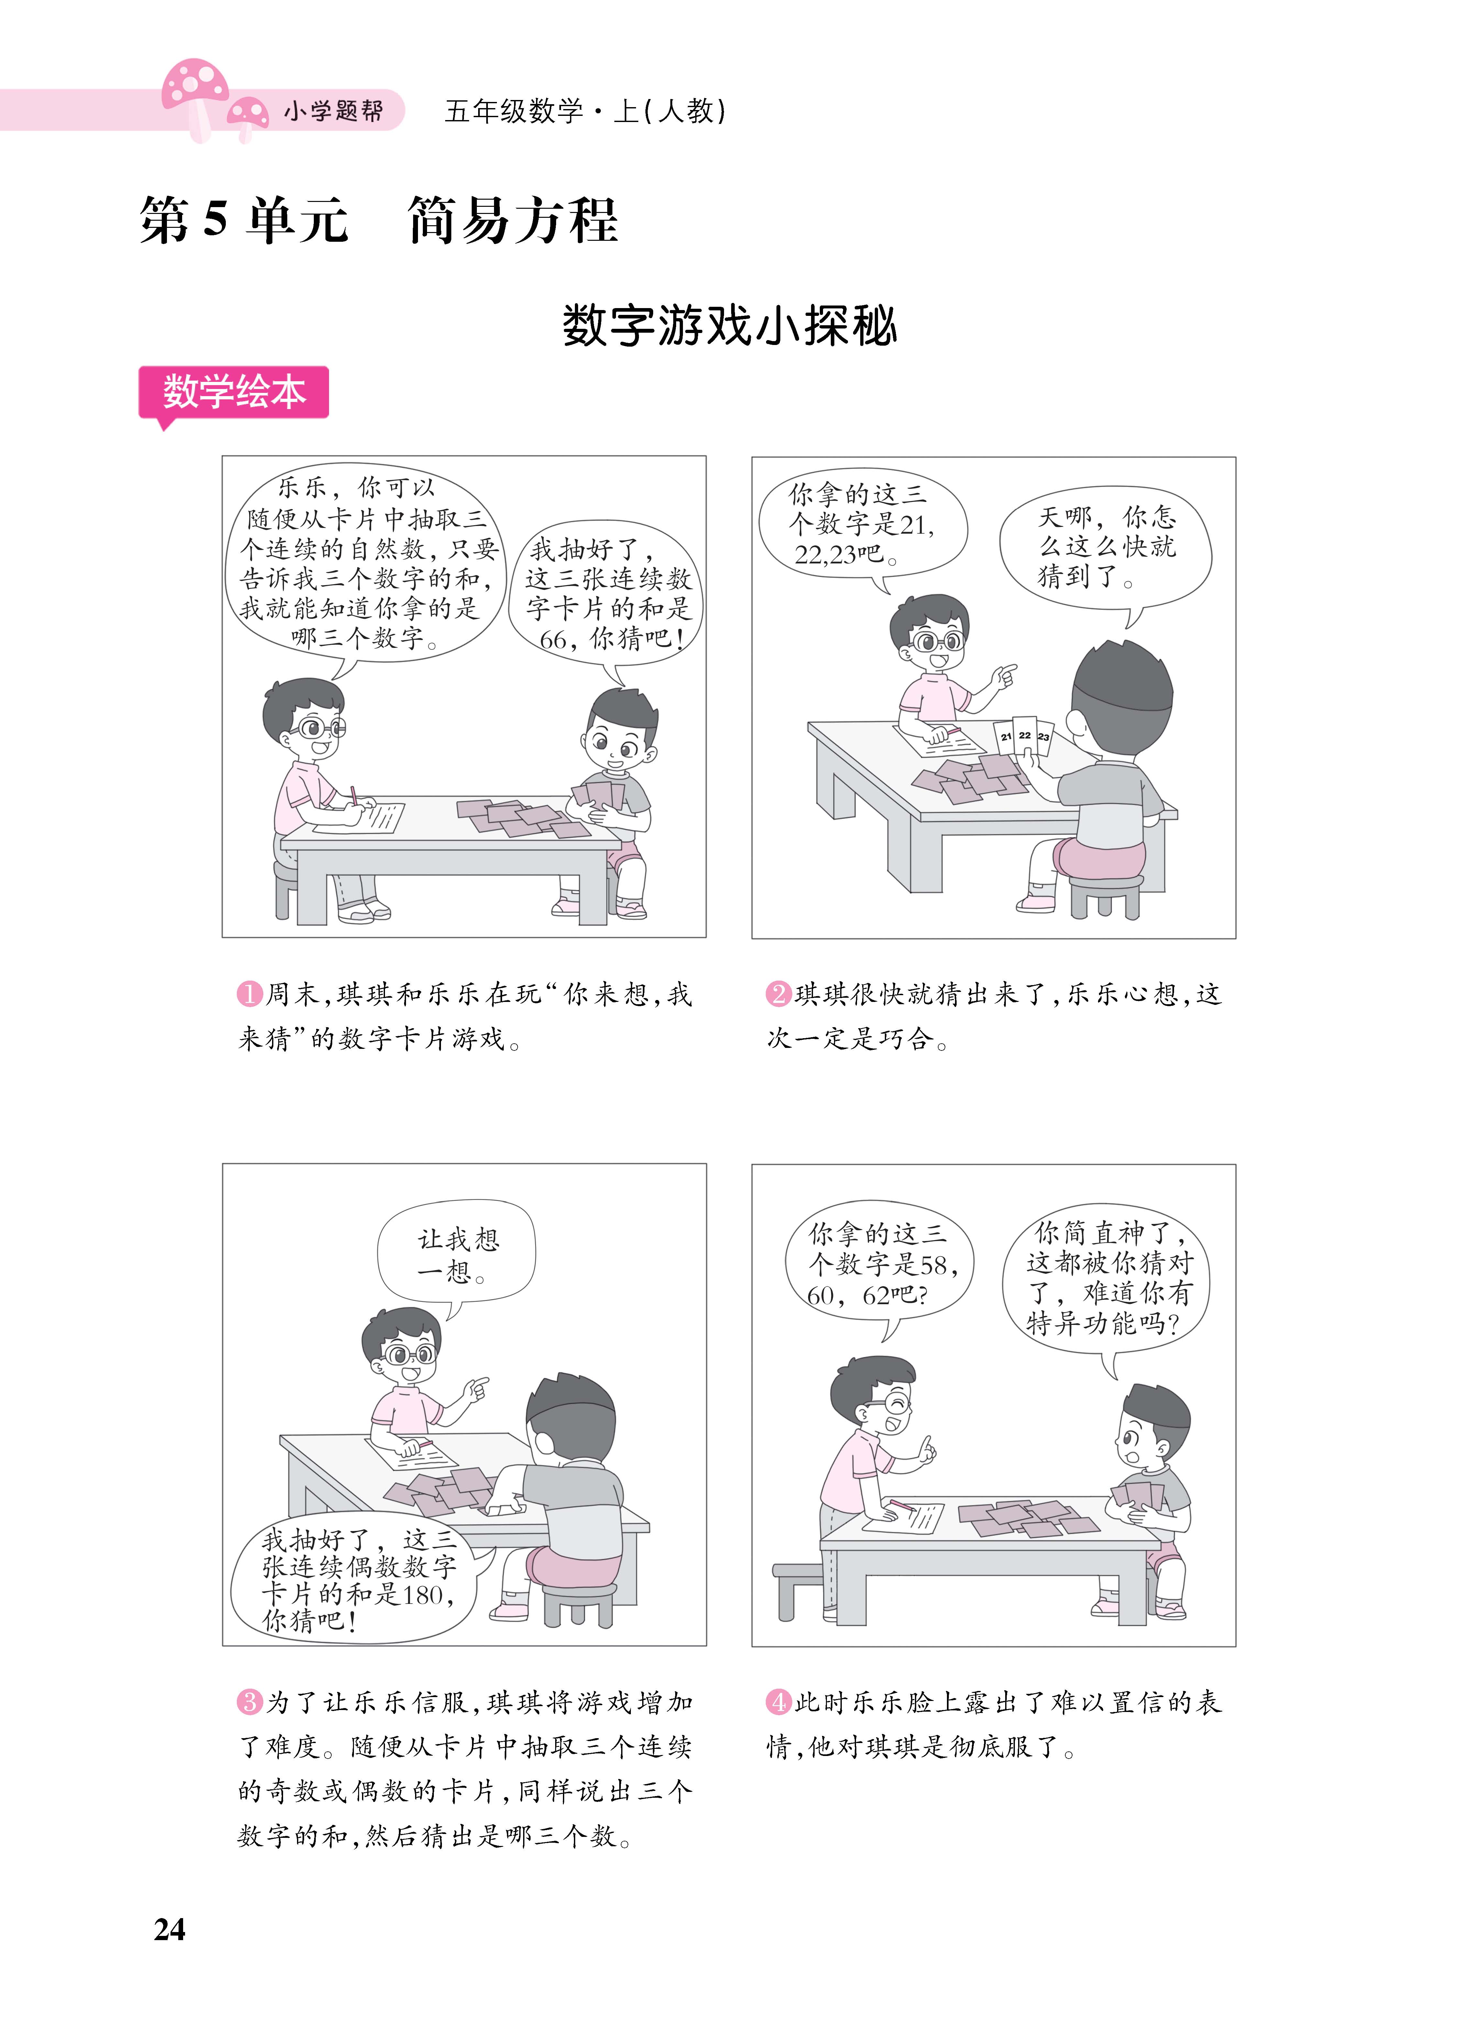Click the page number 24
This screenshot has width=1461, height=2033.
pyautogui.click(x=170, y=1929)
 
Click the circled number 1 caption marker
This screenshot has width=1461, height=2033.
pyautogui.click(x=248, y=994)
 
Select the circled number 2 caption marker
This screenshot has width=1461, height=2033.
pyautogui.click(x=777, y=994)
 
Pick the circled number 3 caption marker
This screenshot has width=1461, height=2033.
pyautogui.click(x=248, y=1701)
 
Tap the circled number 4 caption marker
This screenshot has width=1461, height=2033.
pyautogui.click(x=777, y=1701)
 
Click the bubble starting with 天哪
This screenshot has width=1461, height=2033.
pyautogui.click(x=1105, y=547)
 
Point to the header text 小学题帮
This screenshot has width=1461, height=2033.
pyautogui.click(x=334, y=111)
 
